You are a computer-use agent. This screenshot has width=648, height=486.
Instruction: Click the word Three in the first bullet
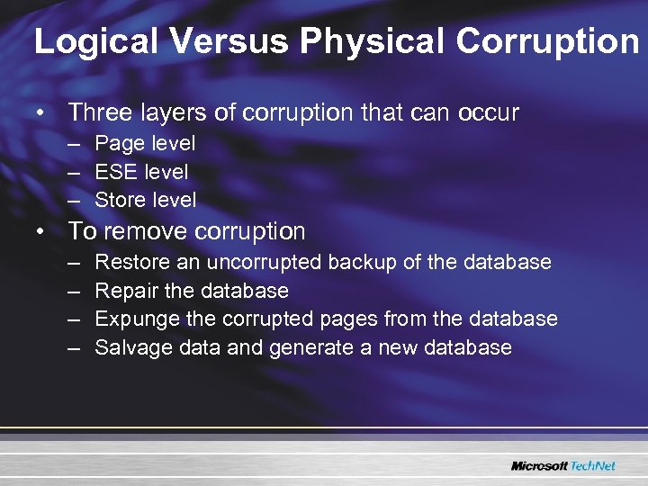tap(100, 112)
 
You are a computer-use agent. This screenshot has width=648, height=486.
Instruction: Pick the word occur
tap(489, 112)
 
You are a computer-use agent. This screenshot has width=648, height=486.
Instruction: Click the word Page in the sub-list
tap(116, 143)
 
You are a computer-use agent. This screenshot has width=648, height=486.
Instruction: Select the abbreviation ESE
tap(114, 171)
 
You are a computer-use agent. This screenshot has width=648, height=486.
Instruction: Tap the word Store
tap(119, 199)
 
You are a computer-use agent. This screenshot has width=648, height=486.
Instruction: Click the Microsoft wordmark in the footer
tap(539, 465)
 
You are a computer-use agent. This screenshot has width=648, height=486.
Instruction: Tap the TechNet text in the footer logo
tap(593, 465)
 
